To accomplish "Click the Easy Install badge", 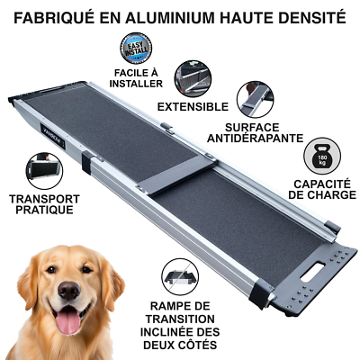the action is pyautogui.click(x=136, y=48).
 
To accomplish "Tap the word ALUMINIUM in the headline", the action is pyautogui.click(x=170, y=18).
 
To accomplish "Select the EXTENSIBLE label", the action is pyautogui.click(x=193, y=107).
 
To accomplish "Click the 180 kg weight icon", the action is pyautogui.click(x=322, y=156).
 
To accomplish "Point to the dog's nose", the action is pyautogui.click(x=69, y=290).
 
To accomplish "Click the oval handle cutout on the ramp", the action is pyautogui.click(x=313, y=272).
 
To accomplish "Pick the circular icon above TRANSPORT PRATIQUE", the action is pyautogui.click(x=44, y=171).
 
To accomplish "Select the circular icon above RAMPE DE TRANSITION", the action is pyautogui.click(x=180, y=278).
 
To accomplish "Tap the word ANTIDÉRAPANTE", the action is pyautogui.click(x=256, y=139).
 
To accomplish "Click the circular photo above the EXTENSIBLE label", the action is pyautogui.click(x=193, y=78).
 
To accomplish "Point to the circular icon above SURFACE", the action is pyautogui.click(x=256, y=99).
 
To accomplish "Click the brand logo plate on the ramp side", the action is pyautogui.click(x=52, y=136).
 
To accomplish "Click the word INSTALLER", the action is pyautogui.click(x=136, y=84).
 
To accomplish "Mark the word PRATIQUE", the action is pyautogui.click(x=44, y=210).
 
